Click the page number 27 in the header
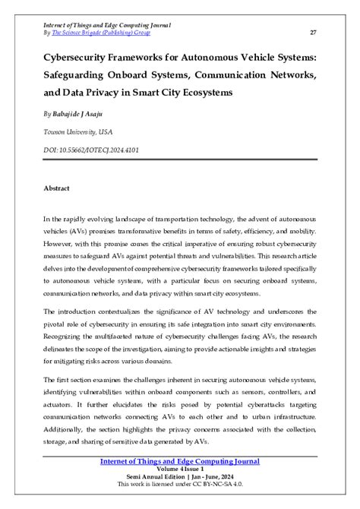[314, 33]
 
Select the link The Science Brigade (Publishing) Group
[101, 33]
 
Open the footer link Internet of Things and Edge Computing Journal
[180, 461]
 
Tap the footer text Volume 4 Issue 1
[180, 469]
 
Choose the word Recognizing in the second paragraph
[69, 337]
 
